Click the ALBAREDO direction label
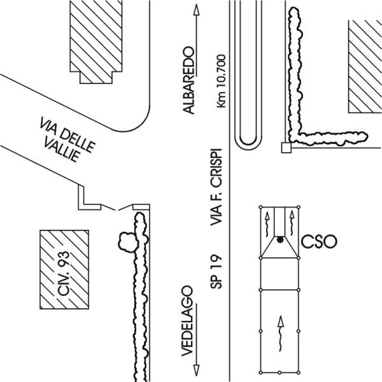pyautogui.click(x=189, y=80)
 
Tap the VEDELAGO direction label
pyautogui.click(x=187, y=321)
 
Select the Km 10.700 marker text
pyautogui.click(x=221, y=81)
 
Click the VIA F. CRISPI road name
pyautogui.click(x=216, y=187)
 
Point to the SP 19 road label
pyautogui.click(x=216, y=272)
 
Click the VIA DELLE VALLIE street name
pyautogui.click(x=67, y=140)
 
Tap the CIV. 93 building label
pyautogui.click(x=64, y=274)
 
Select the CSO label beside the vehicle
pyautogui.click(x=319, y=242)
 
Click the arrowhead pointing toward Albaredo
pyautogui.click(x=196, y=10)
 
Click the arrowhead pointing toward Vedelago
pyautogui.click(x=196, y=371)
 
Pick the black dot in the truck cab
pyautogui.click(x=280, y=240)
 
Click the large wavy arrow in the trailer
pyautogui.click(x=281, y=334)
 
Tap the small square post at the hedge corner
pyautogui.click(x=286, y=148)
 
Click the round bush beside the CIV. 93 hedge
pyautogui.click(x=127, y=242)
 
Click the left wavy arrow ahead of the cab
pyautogui.click(x=267, y=224)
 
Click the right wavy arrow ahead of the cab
pyautogui.click(x=292, y=223)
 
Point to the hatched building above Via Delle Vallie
pyautogui.click(x=96, y=41)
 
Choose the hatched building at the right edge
pyautogui.click(x=365, y=66)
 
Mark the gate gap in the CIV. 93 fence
pyautogui.click(x=117, y=209)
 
